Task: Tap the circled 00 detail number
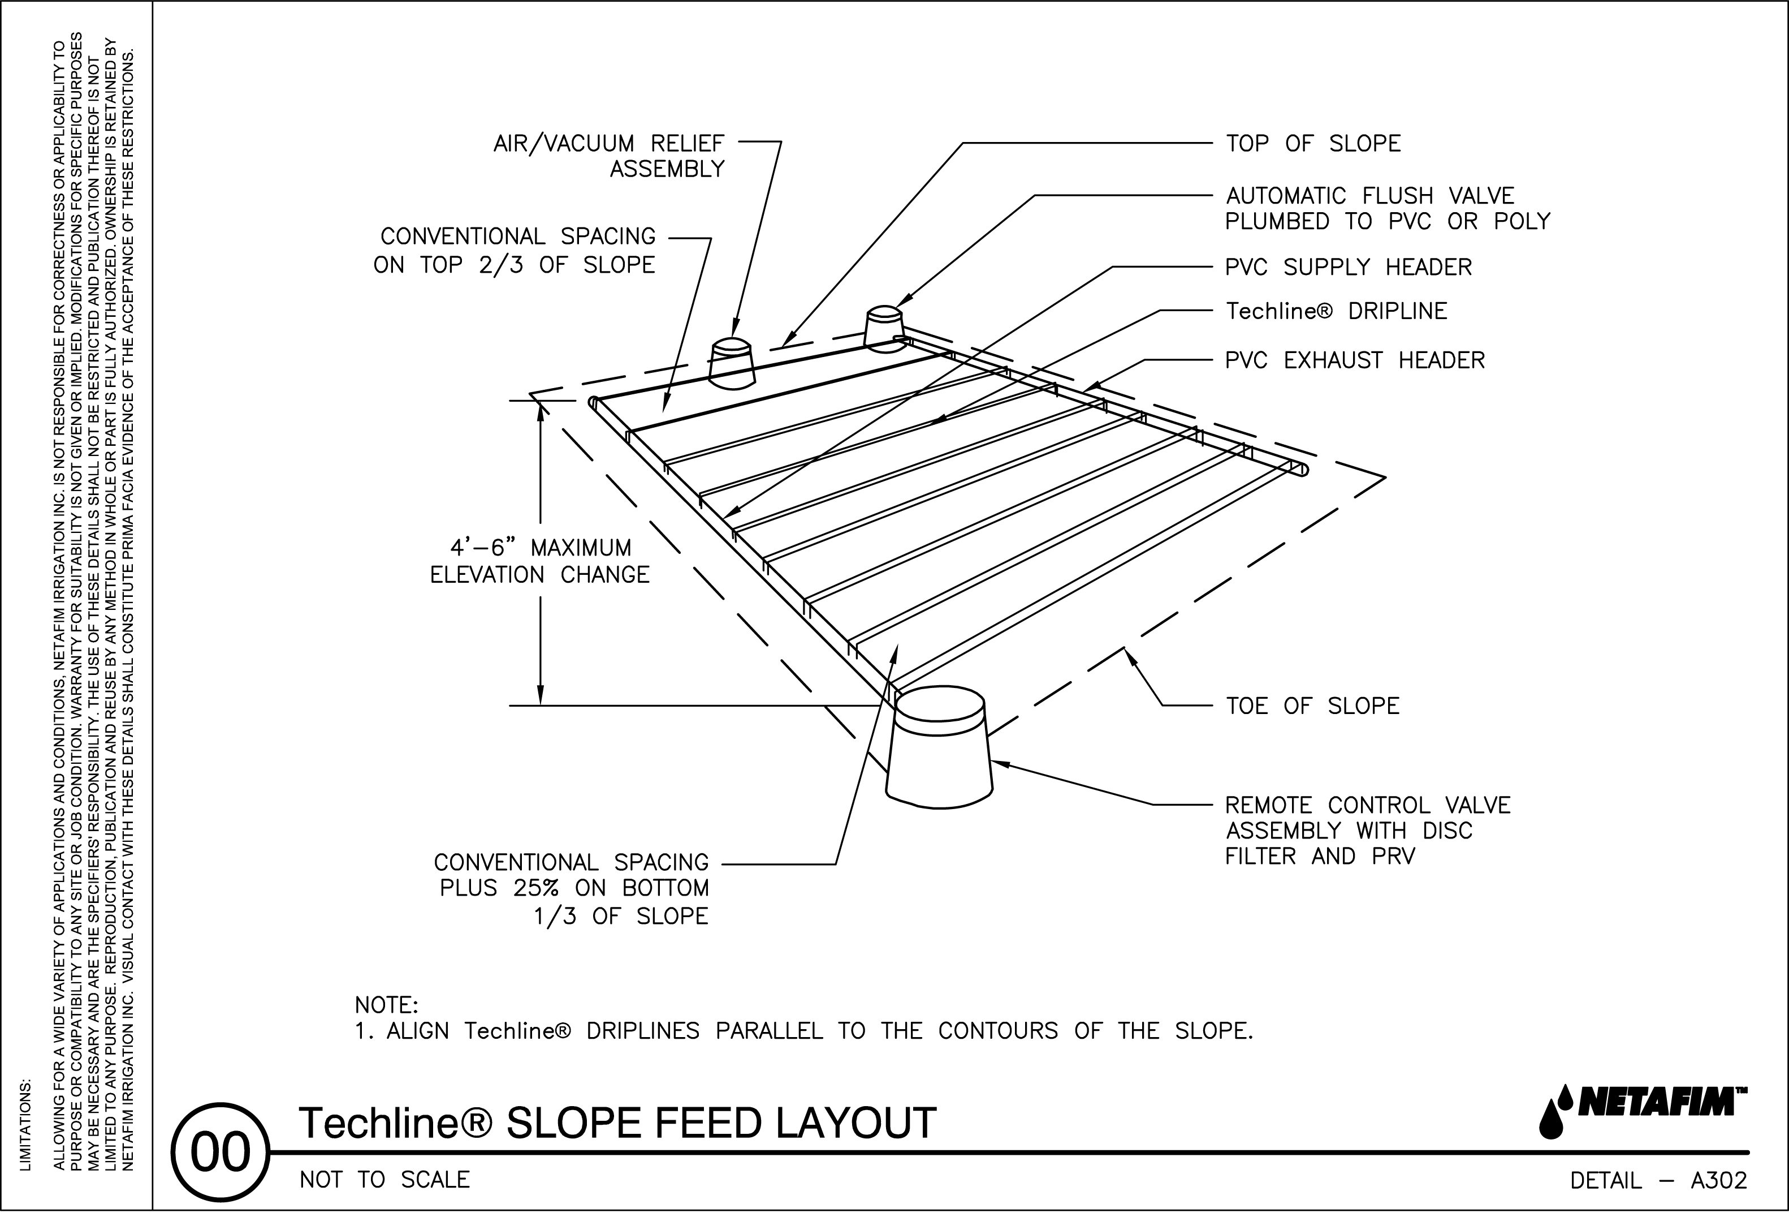point(220,1153)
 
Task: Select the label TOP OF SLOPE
point(1312,144)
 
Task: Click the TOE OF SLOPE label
point(1312,706)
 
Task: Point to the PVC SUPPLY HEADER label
point(1348,267)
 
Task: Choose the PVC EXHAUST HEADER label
point(1355,360)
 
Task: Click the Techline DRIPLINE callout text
point(1336,311)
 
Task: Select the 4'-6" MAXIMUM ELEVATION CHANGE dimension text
point(539,561)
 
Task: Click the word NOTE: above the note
point(386,1005)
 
